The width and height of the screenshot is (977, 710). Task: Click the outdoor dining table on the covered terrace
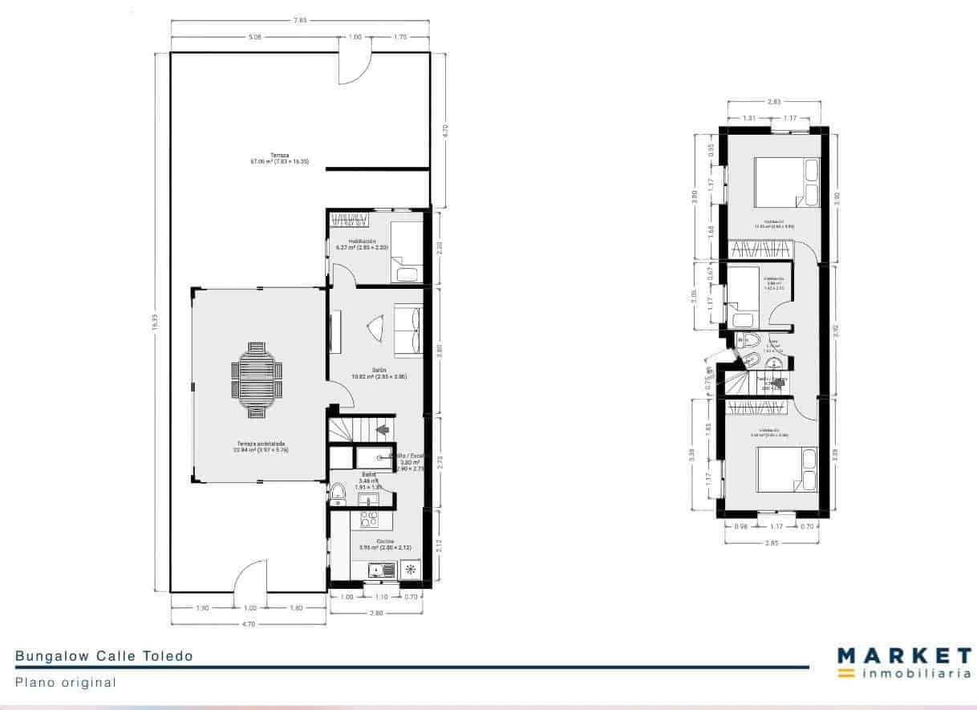(x=257, y=380)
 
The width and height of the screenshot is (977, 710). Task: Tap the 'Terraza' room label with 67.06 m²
(x=279, y=158)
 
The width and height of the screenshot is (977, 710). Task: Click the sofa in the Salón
(x=407, y=329)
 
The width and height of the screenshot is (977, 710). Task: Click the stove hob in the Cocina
(x=368, y=520)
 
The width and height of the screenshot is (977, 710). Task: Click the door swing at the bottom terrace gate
(x=249, y=578)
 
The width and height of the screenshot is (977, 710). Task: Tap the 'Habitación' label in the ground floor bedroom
(x=362, y=241)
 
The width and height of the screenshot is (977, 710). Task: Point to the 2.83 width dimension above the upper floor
(x=774, y=102)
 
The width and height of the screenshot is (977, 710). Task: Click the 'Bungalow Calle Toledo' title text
(x=104, y=656)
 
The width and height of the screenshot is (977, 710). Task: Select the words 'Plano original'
(x=66, y=683)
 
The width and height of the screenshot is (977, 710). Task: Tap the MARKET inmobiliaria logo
(x=904, y=663)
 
